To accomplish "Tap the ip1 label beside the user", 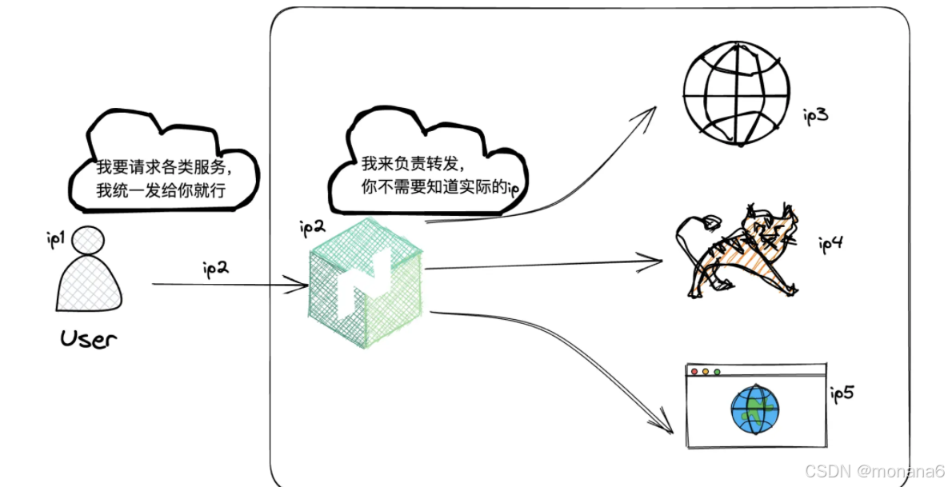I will click(x=55, y=238).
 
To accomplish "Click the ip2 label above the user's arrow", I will click(x=216, y=268).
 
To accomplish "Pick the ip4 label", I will click(x=830, y=244).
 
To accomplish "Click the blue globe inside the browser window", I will click(x=754, y=409).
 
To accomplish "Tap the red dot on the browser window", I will click(x=694, y=372).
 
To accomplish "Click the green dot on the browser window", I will click(x=717, y=372).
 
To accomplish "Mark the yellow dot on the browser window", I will click(x=706, y=372).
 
